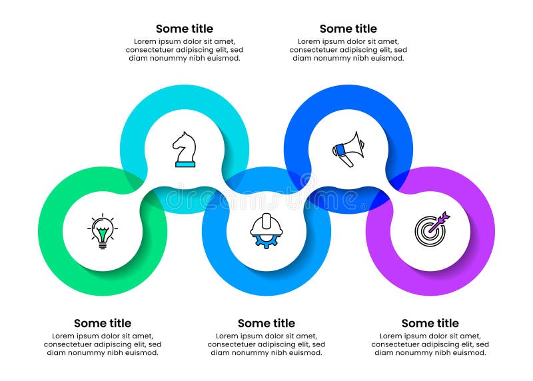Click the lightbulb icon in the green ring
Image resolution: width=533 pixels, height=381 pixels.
coord(102,231)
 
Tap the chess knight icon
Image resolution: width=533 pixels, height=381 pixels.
coord(185,149)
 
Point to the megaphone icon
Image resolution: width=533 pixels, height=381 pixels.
coord(348,149)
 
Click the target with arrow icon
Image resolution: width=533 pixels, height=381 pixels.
coord(431,228)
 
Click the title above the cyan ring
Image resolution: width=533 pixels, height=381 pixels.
coord(185,29)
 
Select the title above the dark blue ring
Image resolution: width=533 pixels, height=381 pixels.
coord(348,29)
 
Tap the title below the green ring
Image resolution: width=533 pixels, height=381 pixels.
coord(103,324)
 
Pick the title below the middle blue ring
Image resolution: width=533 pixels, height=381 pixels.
coord(266,324)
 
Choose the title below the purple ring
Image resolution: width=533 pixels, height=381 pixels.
coord(430,324)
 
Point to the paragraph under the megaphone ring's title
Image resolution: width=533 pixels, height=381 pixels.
coord(348,50)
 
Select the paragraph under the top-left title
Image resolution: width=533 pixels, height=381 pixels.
coord(185,50)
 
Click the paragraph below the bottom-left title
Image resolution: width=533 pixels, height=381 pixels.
coord(103,344)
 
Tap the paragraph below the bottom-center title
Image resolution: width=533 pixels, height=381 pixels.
coord(266,344)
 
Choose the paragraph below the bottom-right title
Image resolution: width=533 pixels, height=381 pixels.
coord(430,344)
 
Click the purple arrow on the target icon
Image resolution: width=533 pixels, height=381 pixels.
coord(441,219)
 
